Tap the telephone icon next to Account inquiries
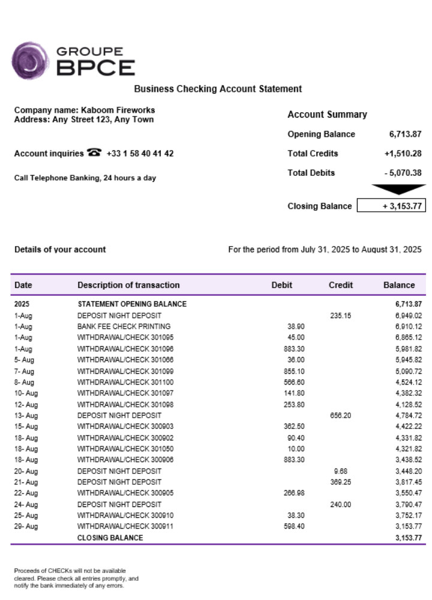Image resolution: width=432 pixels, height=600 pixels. [x=94, y=153]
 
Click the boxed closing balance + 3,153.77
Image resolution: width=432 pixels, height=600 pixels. [x=391, y=206]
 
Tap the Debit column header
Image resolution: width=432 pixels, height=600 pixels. [x=281, y=285]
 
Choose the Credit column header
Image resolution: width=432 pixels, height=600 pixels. [x=340, y=285]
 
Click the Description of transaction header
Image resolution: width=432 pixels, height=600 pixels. [x=128, y=285]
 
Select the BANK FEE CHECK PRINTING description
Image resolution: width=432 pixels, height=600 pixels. [x=124, y=326]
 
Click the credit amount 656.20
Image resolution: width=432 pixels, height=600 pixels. [x=340, y=415]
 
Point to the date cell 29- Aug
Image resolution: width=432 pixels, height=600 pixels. [x=26, y=526]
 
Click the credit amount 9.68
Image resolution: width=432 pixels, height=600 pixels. [x=340, y=470]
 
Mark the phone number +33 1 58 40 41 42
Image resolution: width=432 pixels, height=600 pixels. [x=140, y=154]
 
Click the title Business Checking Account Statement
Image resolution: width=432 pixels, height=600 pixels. [x=218, y=89]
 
